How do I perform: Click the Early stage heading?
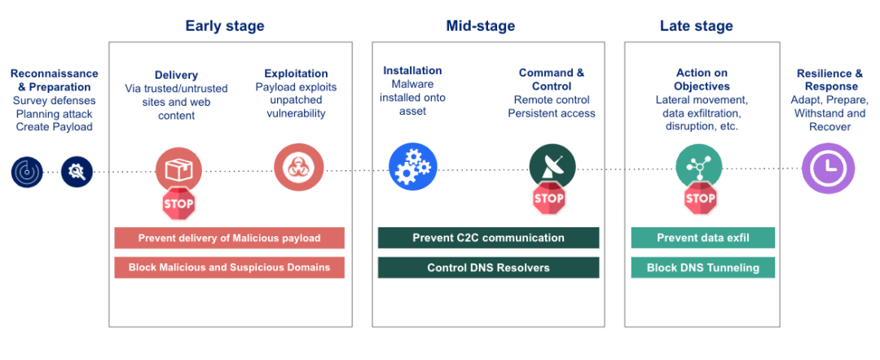[224, 26]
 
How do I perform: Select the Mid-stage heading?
[480, 26]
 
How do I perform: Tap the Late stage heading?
[696, 26]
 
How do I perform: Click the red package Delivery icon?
[178, 169]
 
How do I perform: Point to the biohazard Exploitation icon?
[297, 168]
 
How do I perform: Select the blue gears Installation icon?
[412, 166]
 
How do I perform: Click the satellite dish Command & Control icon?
[552, 167]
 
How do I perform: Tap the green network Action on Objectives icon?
[698, 167]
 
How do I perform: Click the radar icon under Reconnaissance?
[27, 171]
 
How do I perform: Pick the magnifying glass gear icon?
[77, 171]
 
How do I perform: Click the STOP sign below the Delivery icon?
[178, 204]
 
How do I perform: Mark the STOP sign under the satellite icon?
[548, 198]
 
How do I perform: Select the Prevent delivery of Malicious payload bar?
[229, 238]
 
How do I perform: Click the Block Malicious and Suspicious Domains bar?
[229, 267]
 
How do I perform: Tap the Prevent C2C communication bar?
[488, 238]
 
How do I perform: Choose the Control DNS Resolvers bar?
[488, 267]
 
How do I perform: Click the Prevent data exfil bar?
[702, 238]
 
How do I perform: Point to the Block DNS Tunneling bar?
[702, 267]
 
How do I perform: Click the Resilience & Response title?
[829, 80]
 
